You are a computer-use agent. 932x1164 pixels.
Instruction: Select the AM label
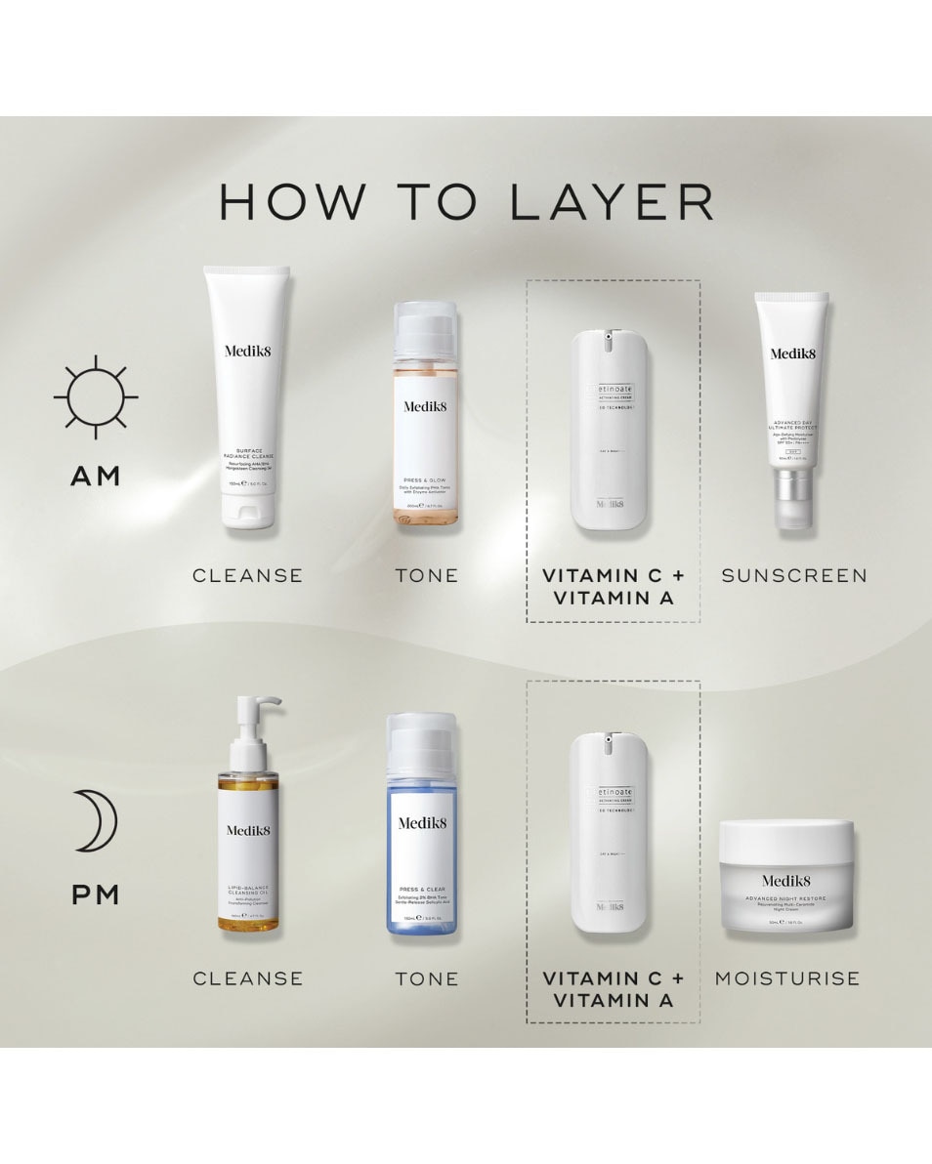[x=95, y=477]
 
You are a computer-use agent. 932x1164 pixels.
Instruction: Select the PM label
[x=95, y=894]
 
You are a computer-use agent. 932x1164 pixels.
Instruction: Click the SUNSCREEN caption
[x=794, y=575]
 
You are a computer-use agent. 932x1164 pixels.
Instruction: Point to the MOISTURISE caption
[x=787, y=977]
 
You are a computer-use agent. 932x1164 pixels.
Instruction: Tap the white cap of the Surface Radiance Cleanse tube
[x=247, y=510]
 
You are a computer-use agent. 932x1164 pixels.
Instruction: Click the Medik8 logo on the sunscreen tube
[x=792, y=354]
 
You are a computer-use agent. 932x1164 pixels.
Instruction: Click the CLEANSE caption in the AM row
[x=248, y=575]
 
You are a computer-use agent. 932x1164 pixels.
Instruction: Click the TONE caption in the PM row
[x=427, y=977]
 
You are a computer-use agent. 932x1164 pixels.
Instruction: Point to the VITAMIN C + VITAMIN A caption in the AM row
[x=614, y=586]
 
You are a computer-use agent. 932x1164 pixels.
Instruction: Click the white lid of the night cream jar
[x=786, y=837]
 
